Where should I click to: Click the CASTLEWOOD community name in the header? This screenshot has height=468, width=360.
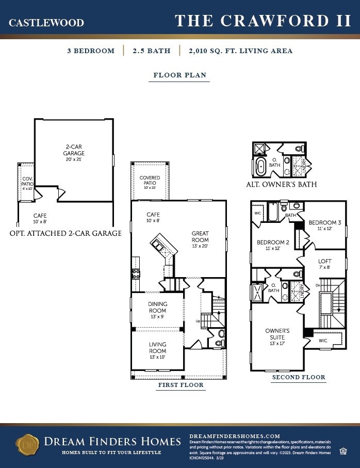tap(46, 23)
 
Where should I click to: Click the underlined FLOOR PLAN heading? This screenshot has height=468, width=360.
tap(180, 75)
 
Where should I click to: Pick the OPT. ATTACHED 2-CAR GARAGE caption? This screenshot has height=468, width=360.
tap(65, 233)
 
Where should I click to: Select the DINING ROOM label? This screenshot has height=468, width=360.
tap(157, 308)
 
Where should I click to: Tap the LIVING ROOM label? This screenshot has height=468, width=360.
tap(157, 348)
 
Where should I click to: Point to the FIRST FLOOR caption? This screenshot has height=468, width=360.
tap(180, 385)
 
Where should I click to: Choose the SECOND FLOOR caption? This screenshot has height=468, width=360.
tap(299, 377)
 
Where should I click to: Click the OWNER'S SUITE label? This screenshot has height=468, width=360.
tap(277, 334)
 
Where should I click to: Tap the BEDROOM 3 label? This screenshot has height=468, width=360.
tap(321, 225)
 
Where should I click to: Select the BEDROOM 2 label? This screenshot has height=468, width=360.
tap(273, 245)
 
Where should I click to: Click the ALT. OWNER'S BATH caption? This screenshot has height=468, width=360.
tap(282, 184)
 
